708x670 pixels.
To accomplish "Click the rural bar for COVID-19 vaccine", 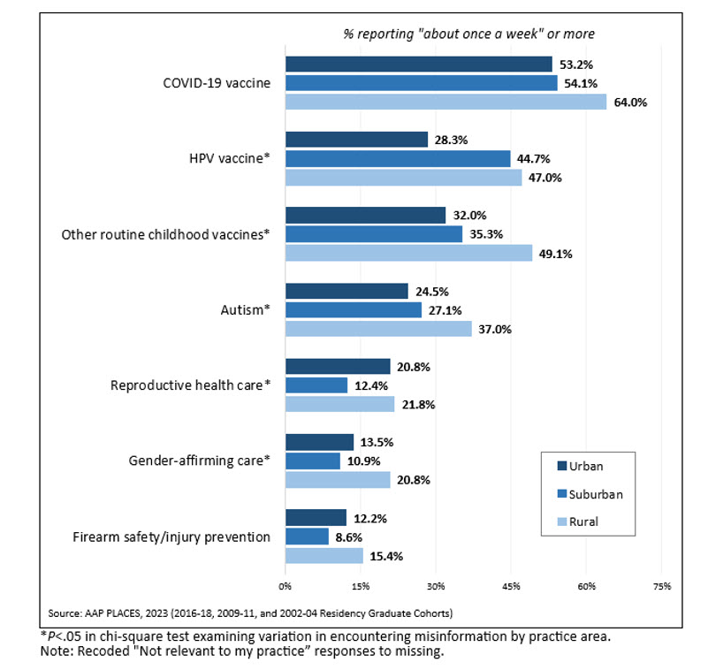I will tap(445, 102).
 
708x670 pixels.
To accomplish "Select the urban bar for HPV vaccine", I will tap(356, 140).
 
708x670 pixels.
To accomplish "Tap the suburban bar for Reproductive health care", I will tap(316, 385).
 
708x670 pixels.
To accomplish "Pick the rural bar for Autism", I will tap(378, 329).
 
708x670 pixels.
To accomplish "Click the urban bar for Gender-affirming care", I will tap(319, 442).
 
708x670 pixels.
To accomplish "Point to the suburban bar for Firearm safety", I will tap(307, 537).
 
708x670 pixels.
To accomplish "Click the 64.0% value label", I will tap(631, 102).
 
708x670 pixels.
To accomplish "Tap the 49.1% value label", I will tap(557, 254).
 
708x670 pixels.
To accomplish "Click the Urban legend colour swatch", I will tap(562, 466).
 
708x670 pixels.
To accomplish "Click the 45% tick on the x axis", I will tap(511, 586).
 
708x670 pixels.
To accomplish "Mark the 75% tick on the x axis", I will tap(662, 586).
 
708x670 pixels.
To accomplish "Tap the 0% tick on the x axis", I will tap(285, 586).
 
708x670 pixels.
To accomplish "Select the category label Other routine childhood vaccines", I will tap(164, 235).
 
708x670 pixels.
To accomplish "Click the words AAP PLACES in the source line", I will tap(116, 613).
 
